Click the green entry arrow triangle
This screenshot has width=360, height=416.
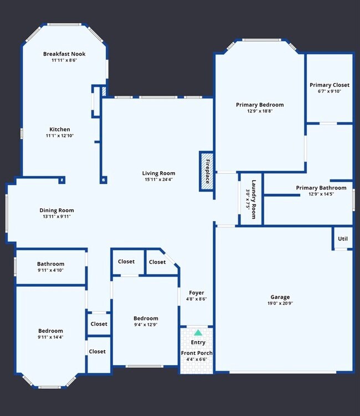coord(198,333)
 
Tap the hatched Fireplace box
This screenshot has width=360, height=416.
coord(207,172)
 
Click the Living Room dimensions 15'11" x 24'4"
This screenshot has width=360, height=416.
coord(158,179)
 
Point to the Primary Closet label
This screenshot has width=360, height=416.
coord(330,85)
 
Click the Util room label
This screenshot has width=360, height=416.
coord(343,239)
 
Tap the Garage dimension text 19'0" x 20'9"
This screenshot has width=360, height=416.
coord(280,304)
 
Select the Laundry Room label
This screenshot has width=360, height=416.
coord(253,199)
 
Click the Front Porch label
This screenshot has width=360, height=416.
coord(197,353)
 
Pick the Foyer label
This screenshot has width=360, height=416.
coord(197,292)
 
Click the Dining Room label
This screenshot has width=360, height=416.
coord(56,210)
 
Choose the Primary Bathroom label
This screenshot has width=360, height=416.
coord(321,188)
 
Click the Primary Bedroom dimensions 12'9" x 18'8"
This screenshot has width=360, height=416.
coord(260,111)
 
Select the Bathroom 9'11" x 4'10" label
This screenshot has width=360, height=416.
coord(51,264)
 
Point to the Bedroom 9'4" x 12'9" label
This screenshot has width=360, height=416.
coord(146,318)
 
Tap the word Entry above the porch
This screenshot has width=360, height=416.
coord(198,342)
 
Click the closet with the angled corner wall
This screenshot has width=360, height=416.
coord(158,262)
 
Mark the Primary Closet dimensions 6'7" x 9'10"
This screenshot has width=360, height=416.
coord(330,91)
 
